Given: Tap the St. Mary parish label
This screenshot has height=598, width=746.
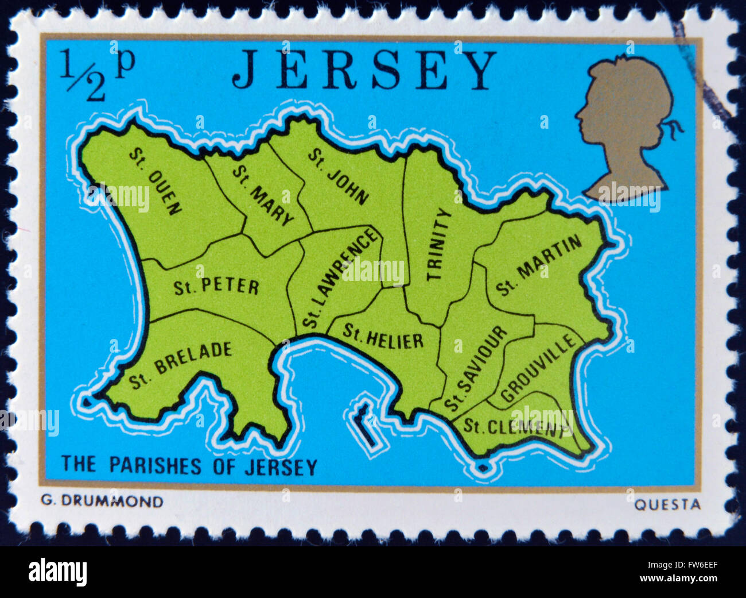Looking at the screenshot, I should click(263, 195).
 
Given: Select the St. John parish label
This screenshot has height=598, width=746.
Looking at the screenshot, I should click(338, 176).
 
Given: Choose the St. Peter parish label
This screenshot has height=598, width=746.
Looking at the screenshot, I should click(216, 286).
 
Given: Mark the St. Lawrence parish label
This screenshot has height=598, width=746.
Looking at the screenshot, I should click(341, 278).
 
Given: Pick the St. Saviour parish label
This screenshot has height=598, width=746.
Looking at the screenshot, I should click(476, 368).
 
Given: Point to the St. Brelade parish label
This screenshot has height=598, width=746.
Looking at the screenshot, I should click(180, 365).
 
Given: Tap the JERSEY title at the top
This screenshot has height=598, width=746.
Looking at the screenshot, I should click(364, 70).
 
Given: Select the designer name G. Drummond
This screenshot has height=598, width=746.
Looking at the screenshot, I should click(102, 501).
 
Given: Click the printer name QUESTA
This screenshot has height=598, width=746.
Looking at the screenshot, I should click(667, 505).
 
